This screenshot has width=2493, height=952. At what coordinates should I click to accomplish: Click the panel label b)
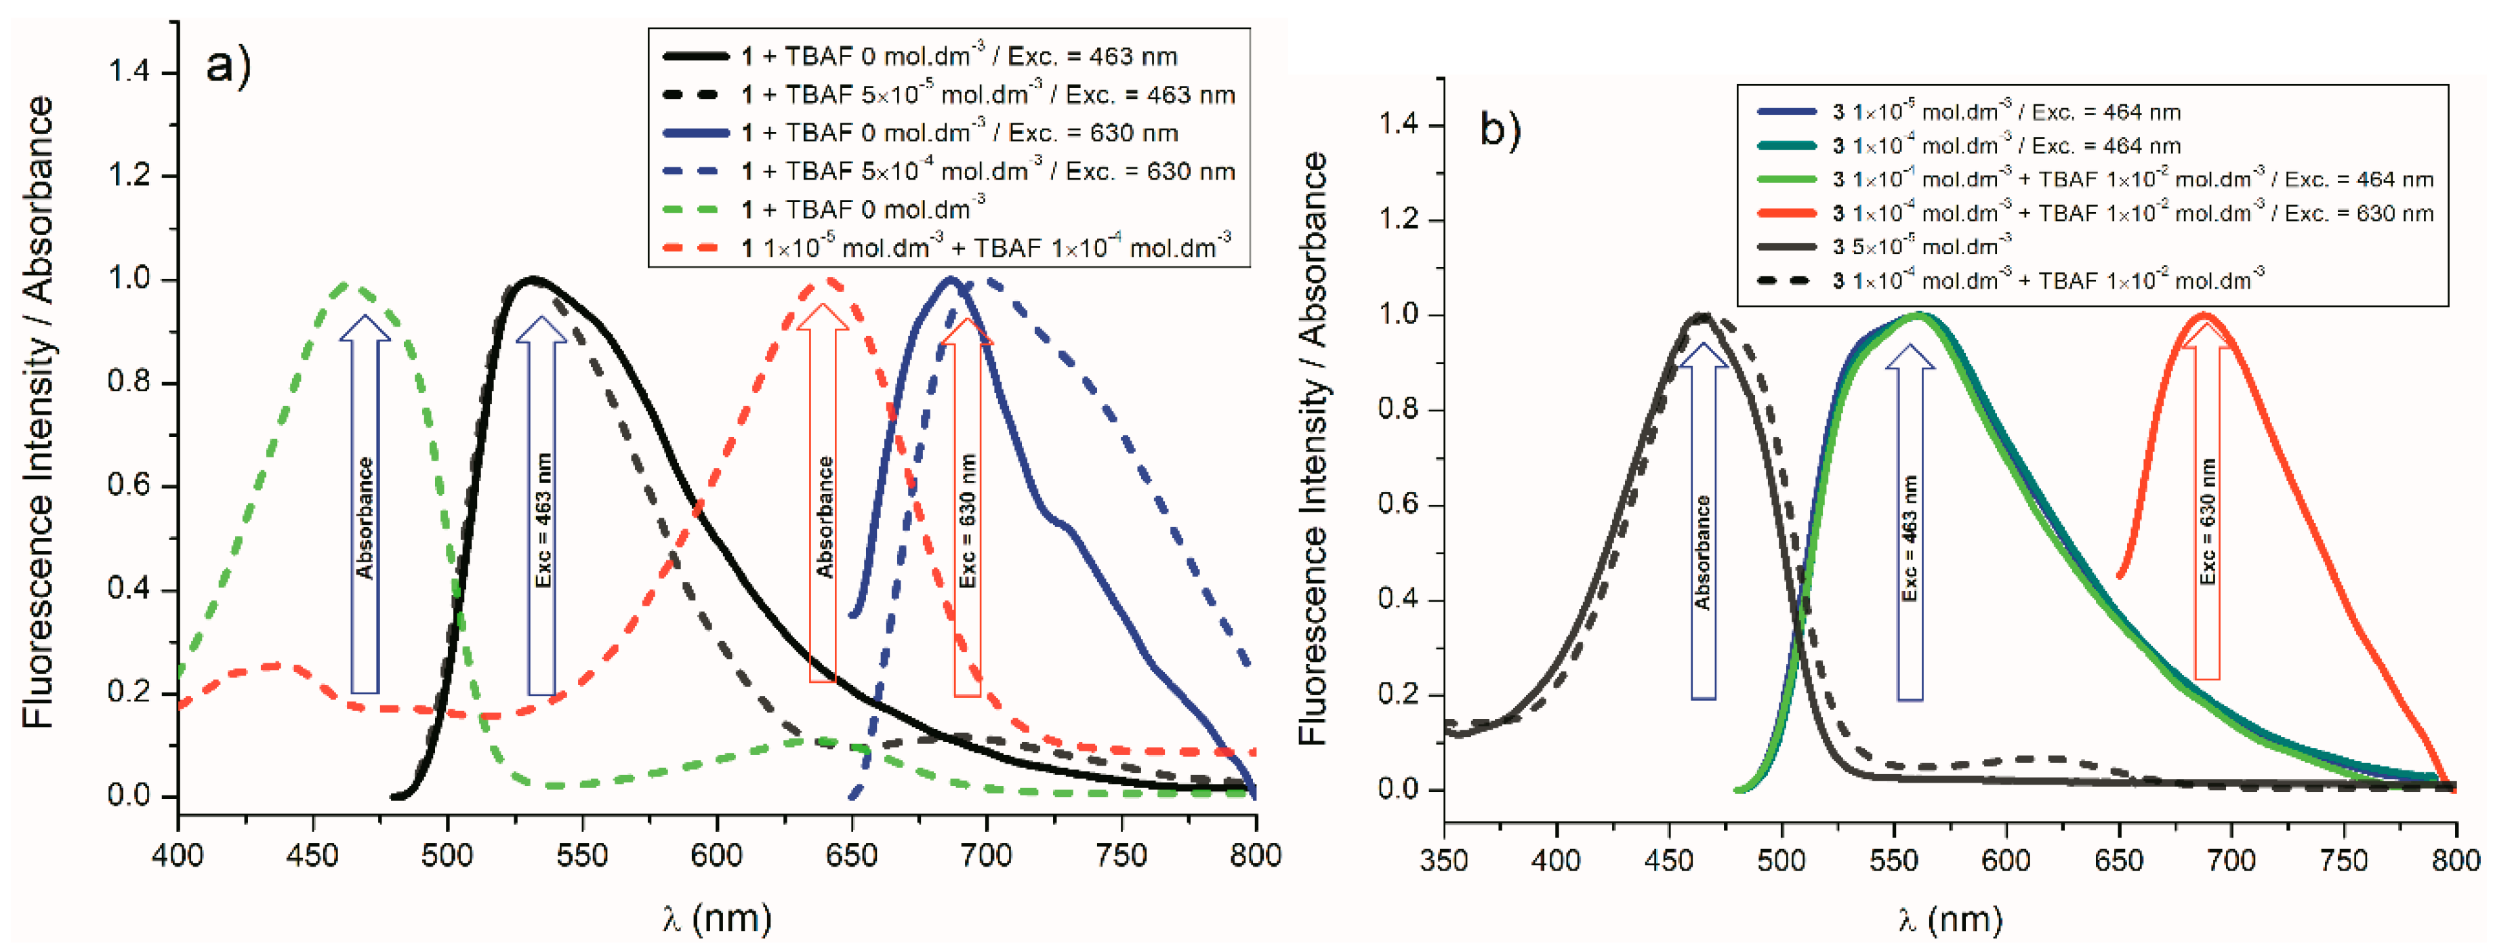(x=1500, y=129)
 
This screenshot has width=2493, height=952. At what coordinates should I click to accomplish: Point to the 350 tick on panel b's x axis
(x=1444, y=860)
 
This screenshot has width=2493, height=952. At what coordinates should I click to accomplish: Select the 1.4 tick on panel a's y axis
(x=129, y=73)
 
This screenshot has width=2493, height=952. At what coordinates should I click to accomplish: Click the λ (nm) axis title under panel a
(x=717, y=917)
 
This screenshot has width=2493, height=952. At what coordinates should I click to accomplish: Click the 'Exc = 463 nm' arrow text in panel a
(x=543, y=520)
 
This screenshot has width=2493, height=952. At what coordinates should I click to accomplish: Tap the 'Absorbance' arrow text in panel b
(x=1702, y=552)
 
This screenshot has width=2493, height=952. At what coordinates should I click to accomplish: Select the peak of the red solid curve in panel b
(x=2206, y=315)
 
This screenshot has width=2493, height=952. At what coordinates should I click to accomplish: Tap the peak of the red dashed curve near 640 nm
(x=823, y=282)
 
